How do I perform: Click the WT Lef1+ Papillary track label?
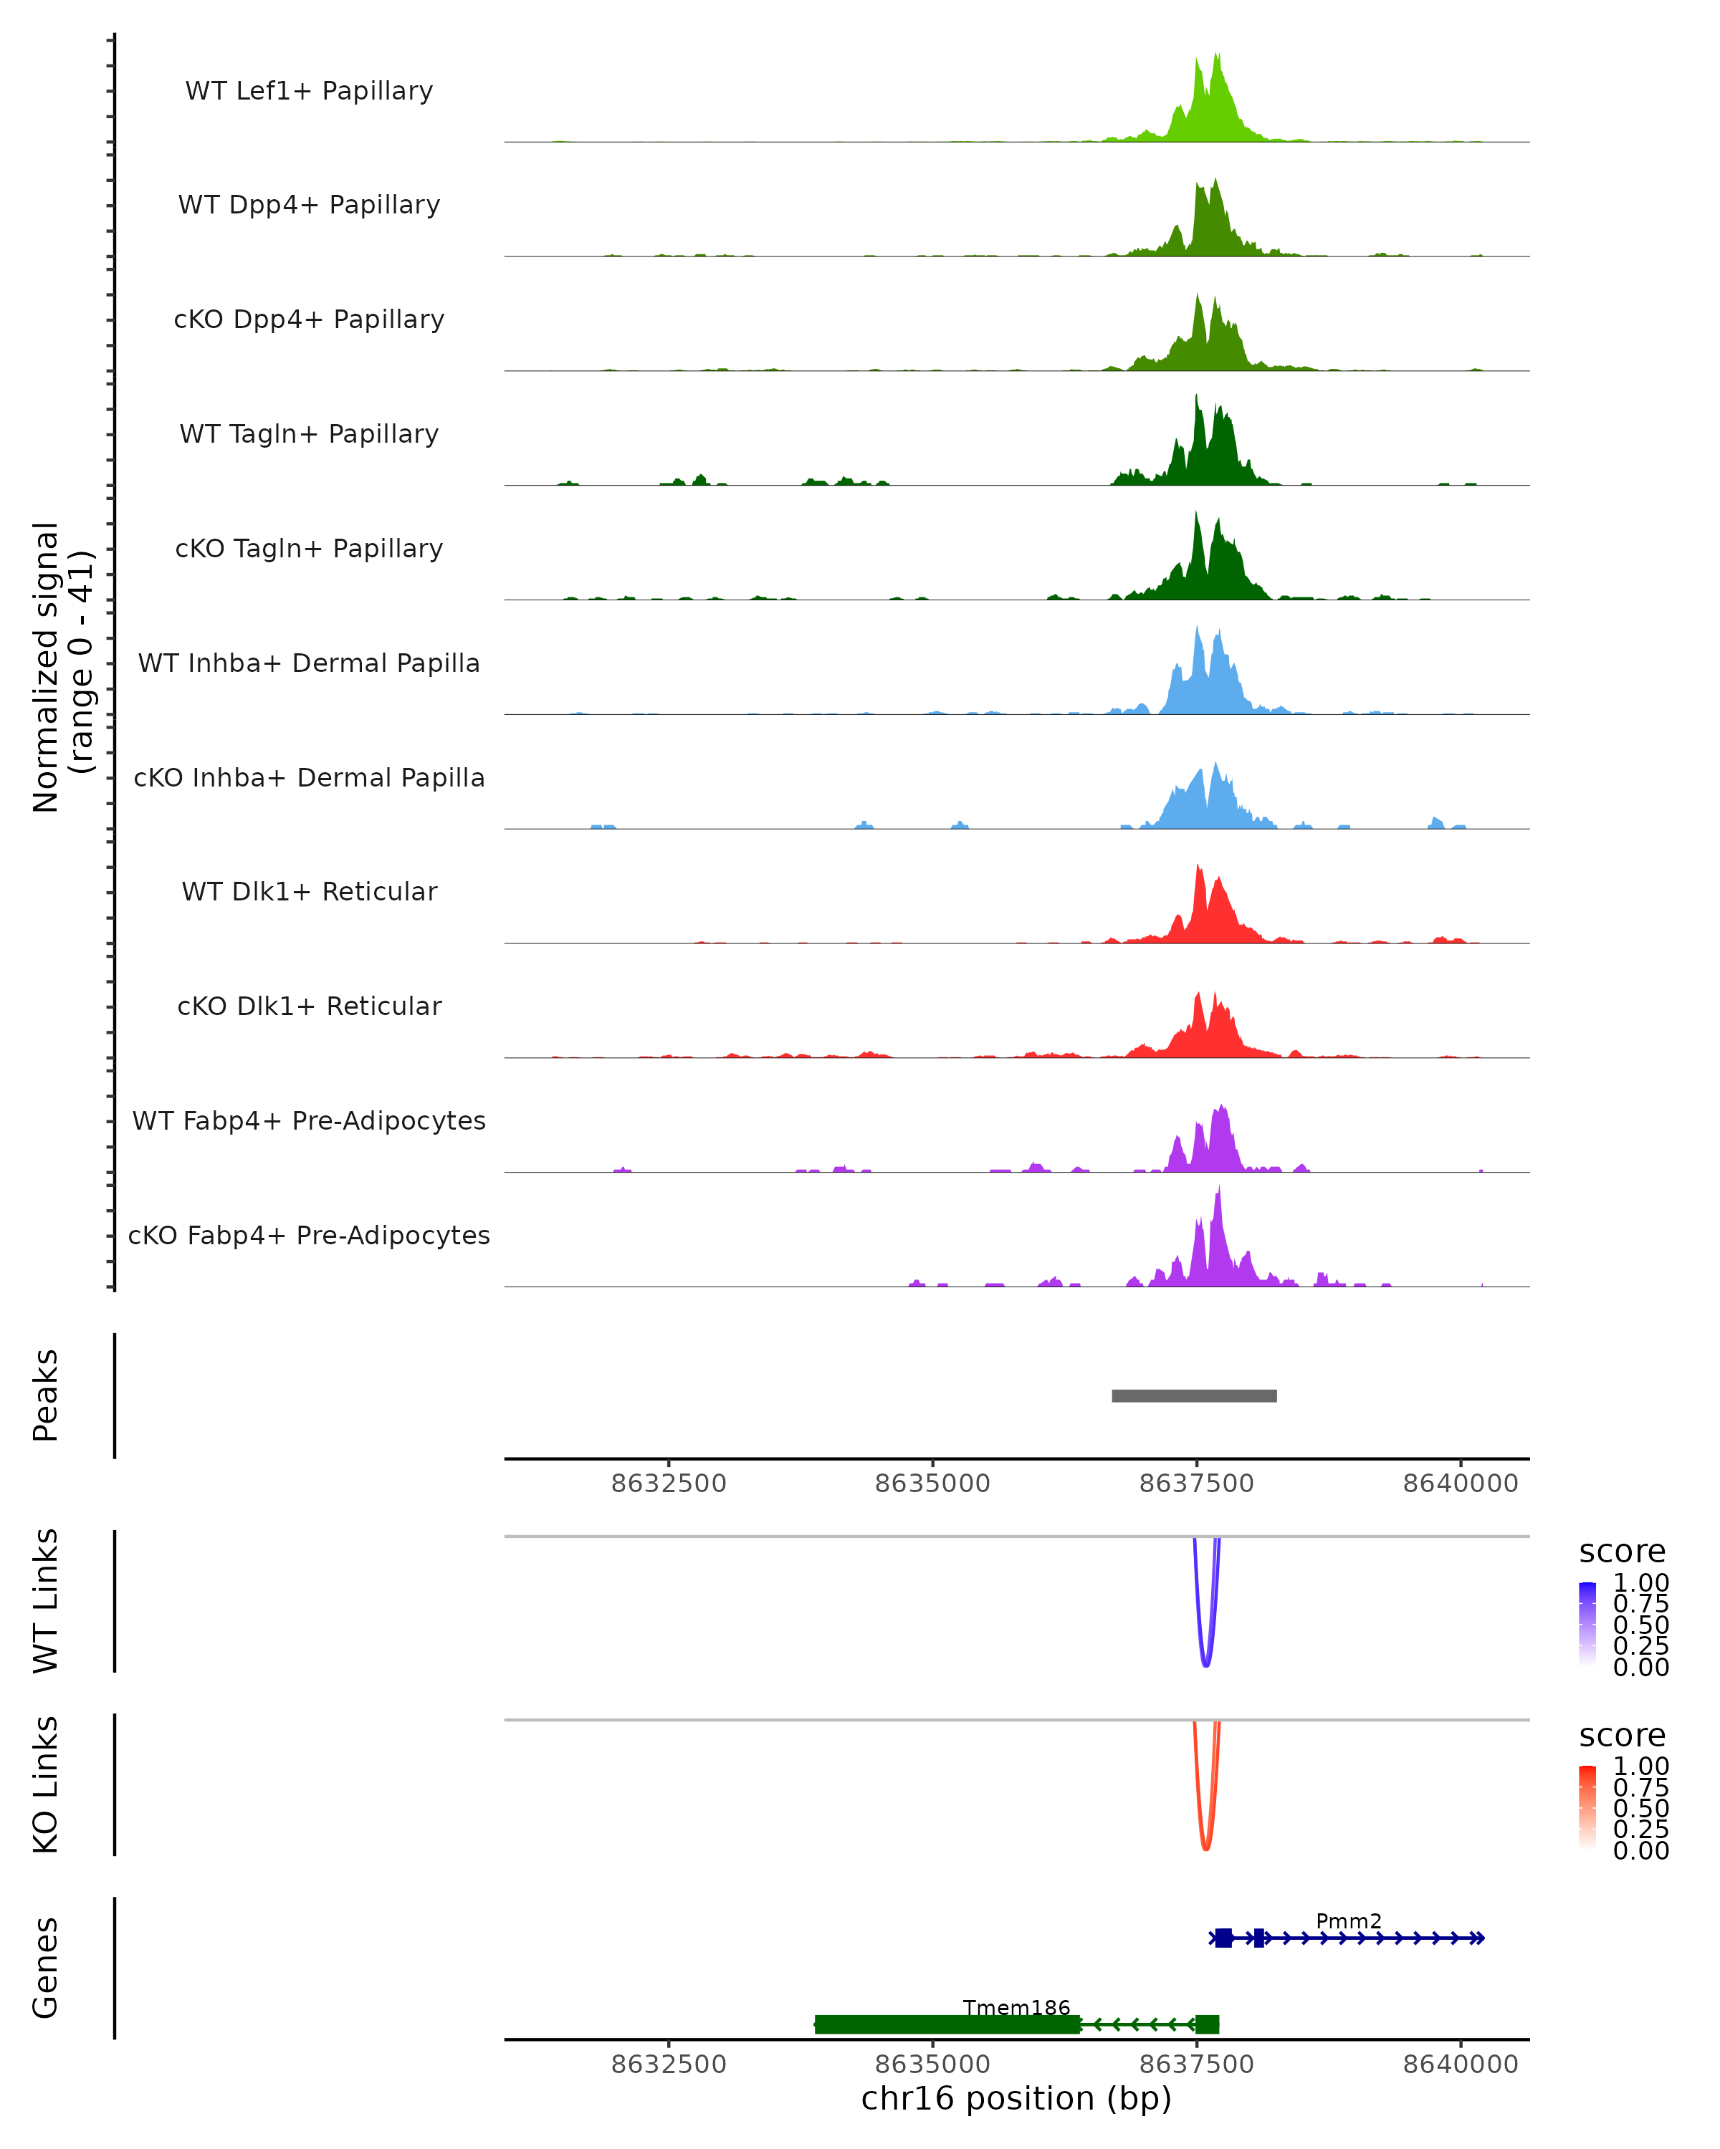[309, 91]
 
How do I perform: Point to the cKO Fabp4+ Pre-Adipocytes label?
[309, 1235]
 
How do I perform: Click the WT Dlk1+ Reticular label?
[309, 891]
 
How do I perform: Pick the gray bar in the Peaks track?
[1193, 1395]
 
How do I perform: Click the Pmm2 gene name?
[1348, 1920]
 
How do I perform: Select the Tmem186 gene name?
[1016, 2007]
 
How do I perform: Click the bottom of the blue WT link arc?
[1205, 1665]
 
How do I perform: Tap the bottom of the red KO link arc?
[1205, 1848]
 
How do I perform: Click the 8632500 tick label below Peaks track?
[668, 1484]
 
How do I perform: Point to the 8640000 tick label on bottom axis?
[1460, 2063]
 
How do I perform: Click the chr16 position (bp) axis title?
[1016, 2098]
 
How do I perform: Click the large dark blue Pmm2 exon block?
[1223, 1938]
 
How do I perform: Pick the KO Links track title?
[46, 1784]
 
